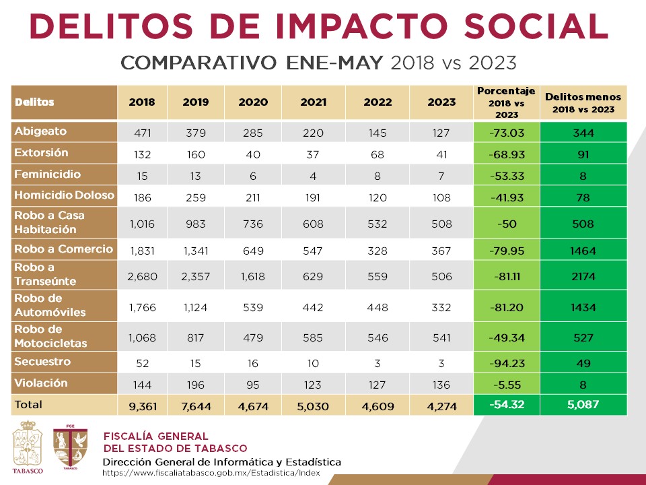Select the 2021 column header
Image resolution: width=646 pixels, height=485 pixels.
coord(313,102)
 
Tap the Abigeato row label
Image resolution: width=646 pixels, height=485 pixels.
coord(40,131)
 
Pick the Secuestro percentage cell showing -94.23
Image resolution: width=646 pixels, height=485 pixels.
coord(506,363)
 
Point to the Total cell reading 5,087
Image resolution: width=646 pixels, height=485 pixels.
coord(583,406)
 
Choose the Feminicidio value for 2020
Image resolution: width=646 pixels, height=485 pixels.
coord(252,176)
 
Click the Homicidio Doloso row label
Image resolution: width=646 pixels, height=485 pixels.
coord(64,196)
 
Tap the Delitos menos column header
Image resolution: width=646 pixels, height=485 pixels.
coord(583,102)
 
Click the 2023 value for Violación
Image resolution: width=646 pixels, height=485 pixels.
coord(441,384)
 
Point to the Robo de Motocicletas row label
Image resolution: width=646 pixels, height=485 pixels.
coord(50,336)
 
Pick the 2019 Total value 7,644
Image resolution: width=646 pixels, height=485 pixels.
coord(195,406)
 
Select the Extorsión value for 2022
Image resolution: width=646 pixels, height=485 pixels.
coord(377,154)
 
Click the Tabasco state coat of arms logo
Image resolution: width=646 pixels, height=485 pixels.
coord(27,447)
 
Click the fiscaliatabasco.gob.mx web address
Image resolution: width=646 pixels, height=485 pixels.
coord(211,474)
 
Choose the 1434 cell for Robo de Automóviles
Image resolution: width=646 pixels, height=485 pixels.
coord(583,307)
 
